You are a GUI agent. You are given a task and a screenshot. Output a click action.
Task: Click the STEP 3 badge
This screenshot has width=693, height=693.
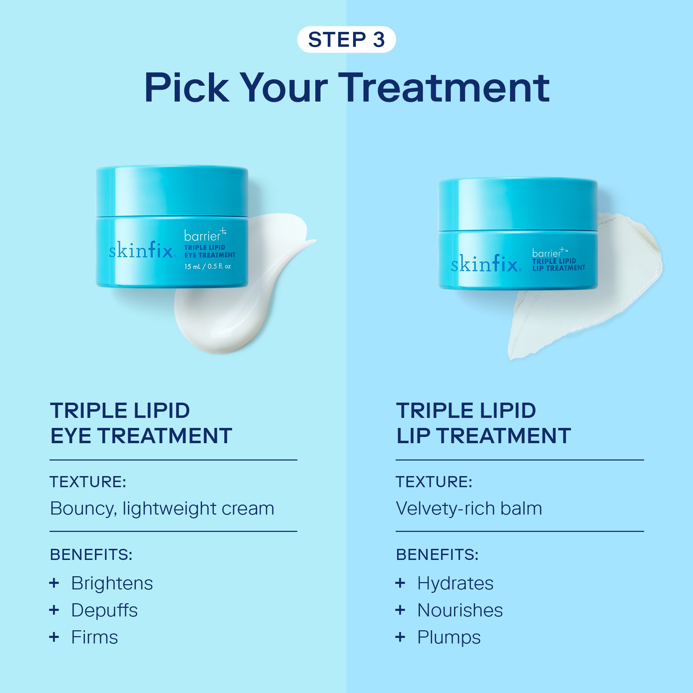346,40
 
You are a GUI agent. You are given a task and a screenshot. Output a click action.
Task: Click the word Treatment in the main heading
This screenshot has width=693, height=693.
444,88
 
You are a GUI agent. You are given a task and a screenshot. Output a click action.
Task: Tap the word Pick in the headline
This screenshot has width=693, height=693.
186,88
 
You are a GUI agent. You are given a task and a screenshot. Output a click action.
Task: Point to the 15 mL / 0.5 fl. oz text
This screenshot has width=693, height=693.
207,266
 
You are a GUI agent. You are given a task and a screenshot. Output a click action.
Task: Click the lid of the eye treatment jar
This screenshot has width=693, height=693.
172,192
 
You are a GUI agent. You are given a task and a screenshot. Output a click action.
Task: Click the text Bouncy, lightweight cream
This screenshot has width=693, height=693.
162,509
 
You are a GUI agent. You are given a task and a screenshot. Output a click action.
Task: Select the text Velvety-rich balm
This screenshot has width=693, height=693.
469,508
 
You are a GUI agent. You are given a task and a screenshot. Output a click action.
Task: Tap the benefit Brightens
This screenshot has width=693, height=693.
112,583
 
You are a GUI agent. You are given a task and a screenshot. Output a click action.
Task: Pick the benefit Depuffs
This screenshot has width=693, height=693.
104,610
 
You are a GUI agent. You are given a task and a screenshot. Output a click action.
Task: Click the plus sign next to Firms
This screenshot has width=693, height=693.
54,637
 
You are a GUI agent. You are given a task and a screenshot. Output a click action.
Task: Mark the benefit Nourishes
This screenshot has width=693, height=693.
460,610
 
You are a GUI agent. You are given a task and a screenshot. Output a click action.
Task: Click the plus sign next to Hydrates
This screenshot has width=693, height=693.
400,583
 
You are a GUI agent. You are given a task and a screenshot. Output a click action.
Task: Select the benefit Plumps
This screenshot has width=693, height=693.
449,638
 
